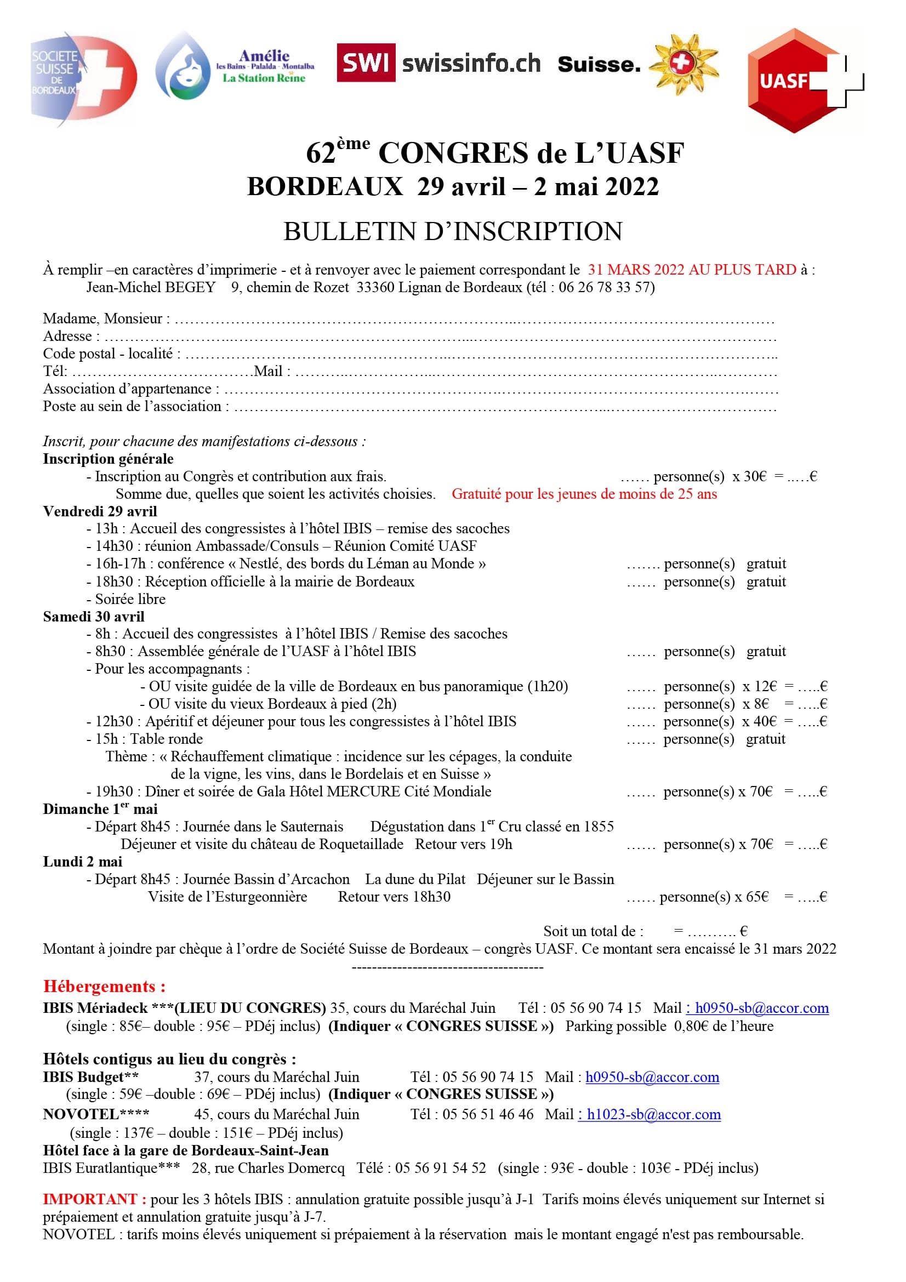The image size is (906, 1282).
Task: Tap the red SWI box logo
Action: (366, 62)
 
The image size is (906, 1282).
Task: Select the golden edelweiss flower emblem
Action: (686, 64)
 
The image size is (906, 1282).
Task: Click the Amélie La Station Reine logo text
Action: (265, 66)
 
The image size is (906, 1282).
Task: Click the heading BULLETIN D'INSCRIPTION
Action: (453, 231)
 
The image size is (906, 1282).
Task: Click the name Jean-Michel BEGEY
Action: (151, 287)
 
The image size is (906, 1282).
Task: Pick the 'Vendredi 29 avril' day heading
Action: (100, 511)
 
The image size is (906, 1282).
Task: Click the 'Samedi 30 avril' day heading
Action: (94, 617)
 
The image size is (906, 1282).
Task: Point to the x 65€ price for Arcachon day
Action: (751, 897)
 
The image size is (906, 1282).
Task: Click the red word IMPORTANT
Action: (94, 1199)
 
